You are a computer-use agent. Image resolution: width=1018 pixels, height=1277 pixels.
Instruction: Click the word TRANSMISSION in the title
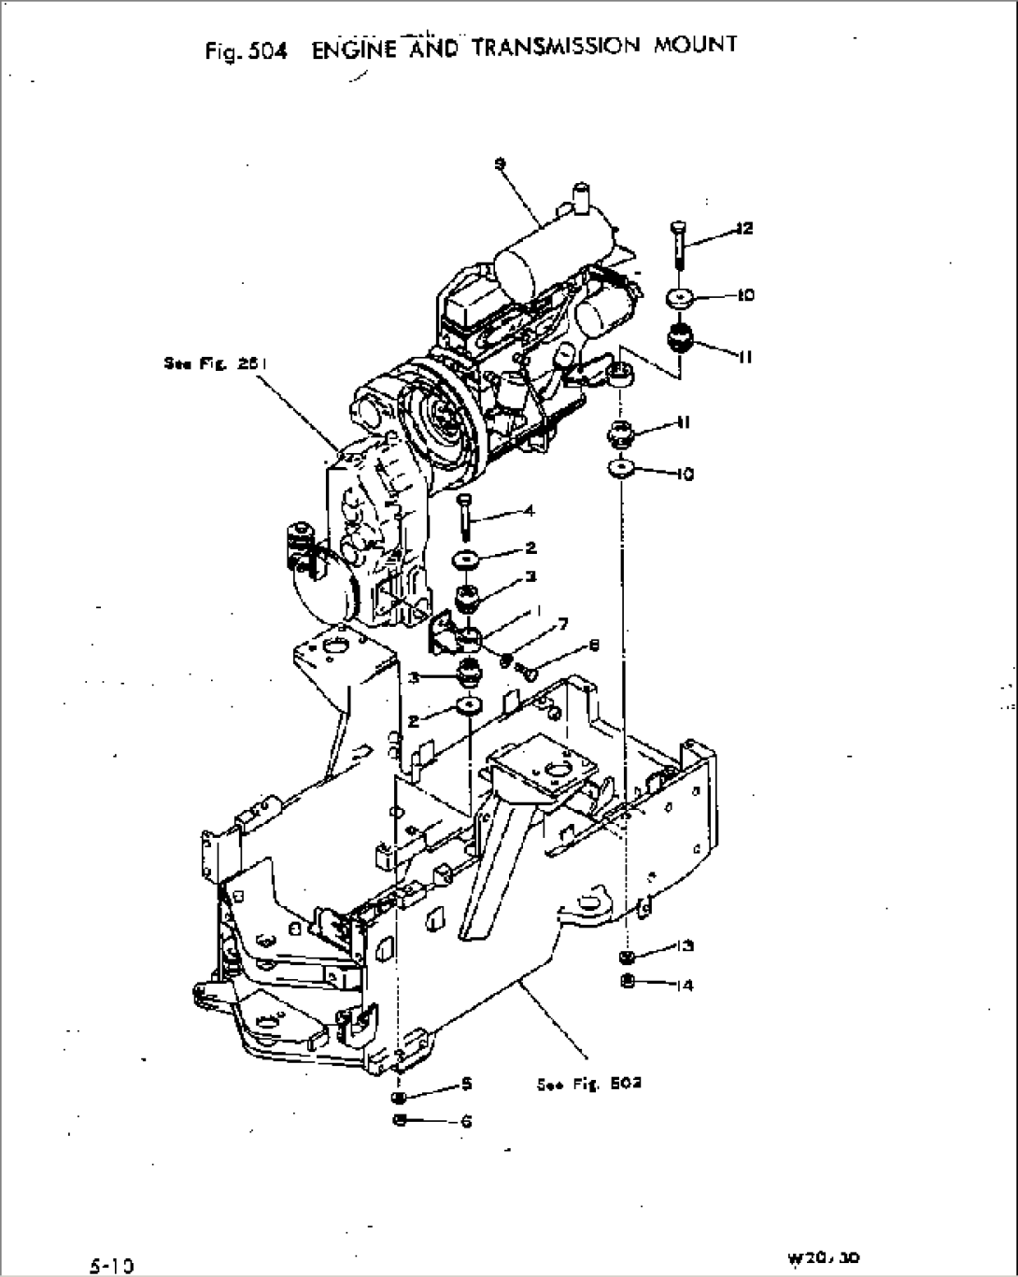tap(557, 47)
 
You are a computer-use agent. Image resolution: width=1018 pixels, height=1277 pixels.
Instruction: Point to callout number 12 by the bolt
tap(743, 228)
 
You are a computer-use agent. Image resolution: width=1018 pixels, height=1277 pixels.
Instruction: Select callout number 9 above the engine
tap(501, 164)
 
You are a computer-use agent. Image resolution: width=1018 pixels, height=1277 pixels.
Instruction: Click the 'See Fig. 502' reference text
tap(588, 1084)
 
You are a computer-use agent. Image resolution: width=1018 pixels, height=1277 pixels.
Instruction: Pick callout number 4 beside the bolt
tap(530, 511)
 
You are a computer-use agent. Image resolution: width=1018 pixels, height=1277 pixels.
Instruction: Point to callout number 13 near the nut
tap(686, 946)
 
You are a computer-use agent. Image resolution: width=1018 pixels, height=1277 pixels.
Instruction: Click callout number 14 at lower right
tap(686, 985)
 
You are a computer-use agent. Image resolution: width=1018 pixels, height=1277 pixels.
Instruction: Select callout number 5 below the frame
tap(467, 1084)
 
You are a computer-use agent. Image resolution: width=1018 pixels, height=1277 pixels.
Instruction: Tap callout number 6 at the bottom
tap(467, 1121)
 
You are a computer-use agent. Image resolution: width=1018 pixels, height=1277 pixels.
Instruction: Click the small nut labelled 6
tap(400, 1120)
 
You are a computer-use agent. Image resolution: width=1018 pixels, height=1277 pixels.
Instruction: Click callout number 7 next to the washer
tap(563, 624)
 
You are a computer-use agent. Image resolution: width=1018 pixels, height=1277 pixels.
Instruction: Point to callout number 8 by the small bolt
tap(594, 646)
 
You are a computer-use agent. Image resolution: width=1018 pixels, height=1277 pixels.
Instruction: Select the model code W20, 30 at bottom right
tap(824, 1258)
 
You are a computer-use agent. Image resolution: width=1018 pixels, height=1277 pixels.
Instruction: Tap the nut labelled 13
tap(628, 956)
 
